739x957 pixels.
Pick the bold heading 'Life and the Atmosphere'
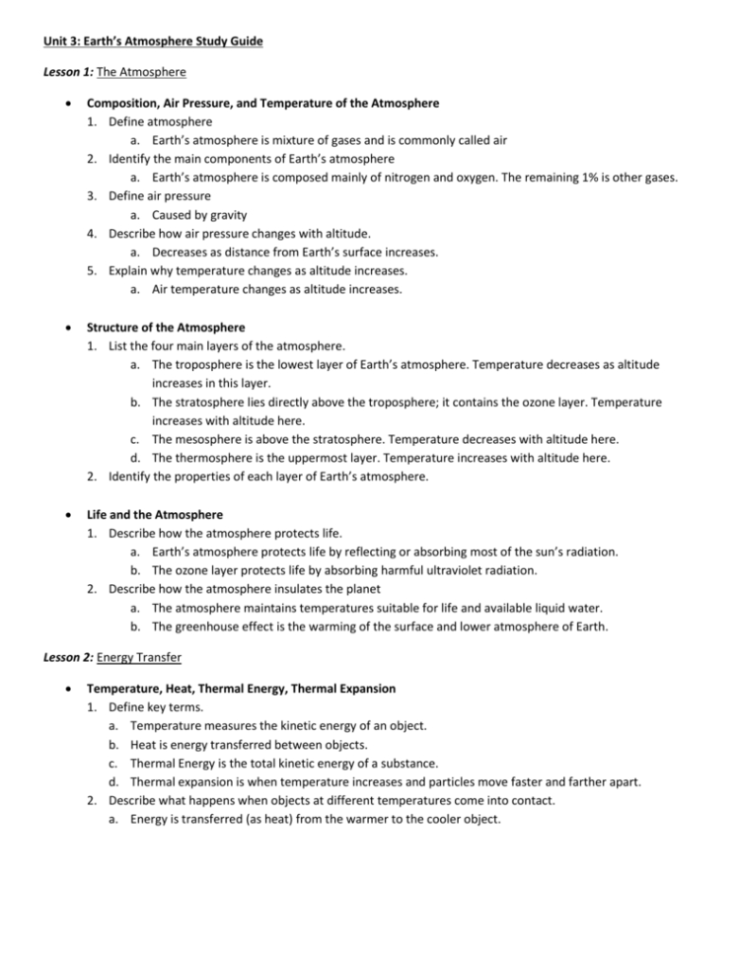155,514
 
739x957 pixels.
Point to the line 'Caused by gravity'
199,214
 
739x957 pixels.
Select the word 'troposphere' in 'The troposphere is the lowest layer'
209,364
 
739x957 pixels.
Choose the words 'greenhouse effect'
222,626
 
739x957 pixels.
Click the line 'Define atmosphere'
160,121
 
